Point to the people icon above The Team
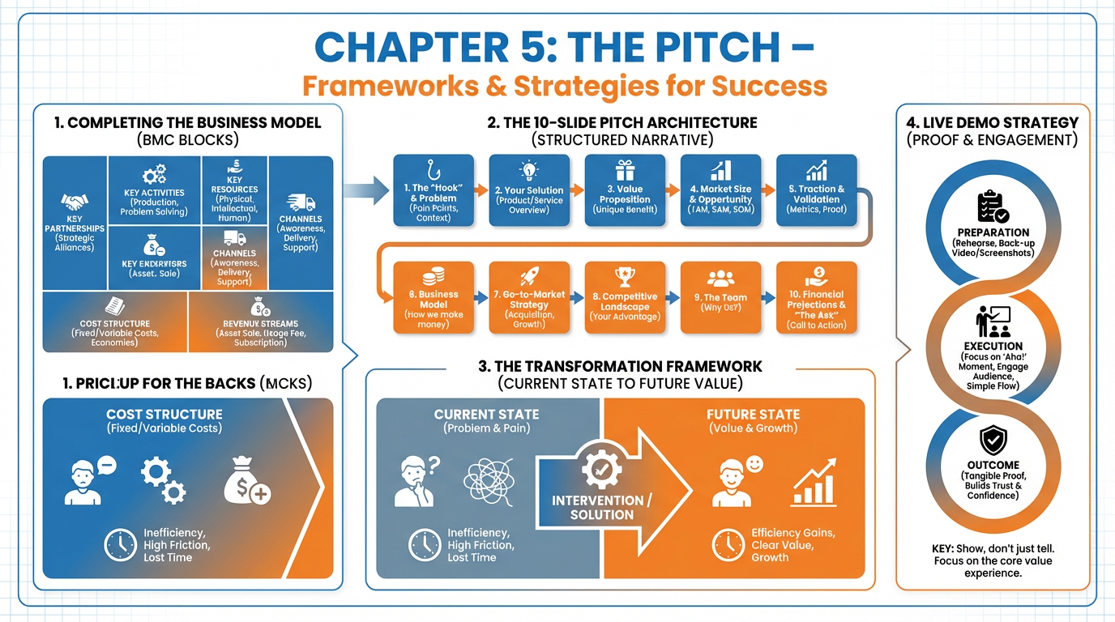tap(720, 279)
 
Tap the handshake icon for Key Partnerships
tap(75, 201)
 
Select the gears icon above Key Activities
tap(153, 175)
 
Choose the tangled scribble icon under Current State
tap(489, 484)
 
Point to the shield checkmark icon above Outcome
tap(993, 441)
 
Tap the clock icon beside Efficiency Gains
tap(728, 544)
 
